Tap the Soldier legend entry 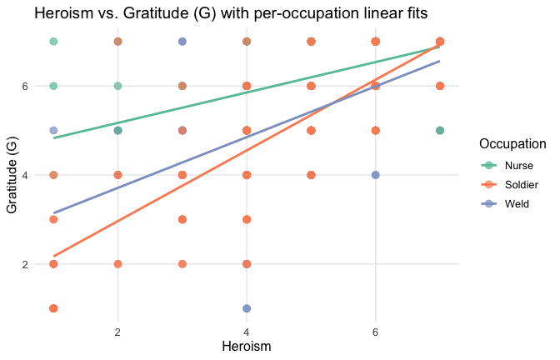(513, 183)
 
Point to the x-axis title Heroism (247, 343)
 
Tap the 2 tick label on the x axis (118, 331)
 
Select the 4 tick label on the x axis (247, 331)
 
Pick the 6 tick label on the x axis (376, 331)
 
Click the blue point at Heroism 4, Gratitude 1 (247, 308)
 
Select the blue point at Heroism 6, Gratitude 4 (376, 175)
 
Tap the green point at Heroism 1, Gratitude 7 (53, 42)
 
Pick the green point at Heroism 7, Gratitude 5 (440, 131)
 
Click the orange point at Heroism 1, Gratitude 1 (53, 308)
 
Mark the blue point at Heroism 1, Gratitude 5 (53, 131)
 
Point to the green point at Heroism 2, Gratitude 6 (118, 86)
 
